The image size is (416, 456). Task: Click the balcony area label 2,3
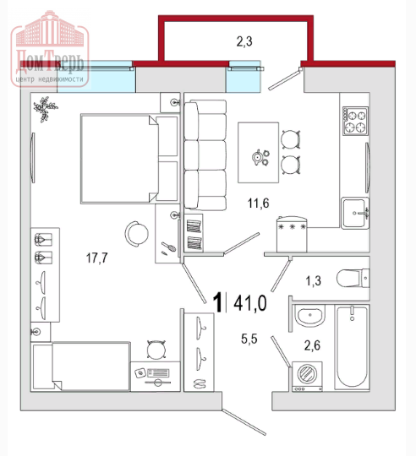(x=244, y=41)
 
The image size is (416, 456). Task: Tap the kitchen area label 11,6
(x=258, y=203)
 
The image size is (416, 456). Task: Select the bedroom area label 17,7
(x=97, y=258)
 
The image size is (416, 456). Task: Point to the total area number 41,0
(x=250, y=303)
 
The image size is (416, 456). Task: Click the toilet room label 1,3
(x=313, y=281)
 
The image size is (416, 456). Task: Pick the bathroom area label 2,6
(x=312, y=345)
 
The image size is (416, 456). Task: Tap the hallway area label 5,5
(x=249, y=339)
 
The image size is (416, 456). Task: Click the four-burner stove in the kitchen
(x=355, y=121)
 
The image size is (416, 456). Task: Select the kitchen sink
(x=355, y=213)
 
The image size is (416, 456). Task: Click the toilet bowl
(x=353, y=279)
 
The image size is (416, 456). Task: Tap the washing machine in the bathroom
(x=307, y=377)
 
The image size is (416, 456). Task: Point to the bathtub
(x=352, y=347)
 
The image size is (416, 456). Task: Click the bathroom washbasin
(x=309, y=316)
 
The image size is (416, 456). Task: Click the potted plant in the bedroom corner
(x=45, y=109)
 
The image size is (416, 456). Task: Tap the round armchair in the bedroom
(x=136, y=234)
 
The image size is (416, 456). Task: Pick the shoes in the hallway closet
(x=199, y=383)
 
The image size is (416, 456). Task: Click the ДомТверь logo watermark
(x=50, y=48)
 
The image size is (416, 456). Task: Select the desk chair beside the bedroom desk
(x=156, y=350)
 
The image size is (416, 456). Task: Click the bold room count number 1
(x=217, y=303)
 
